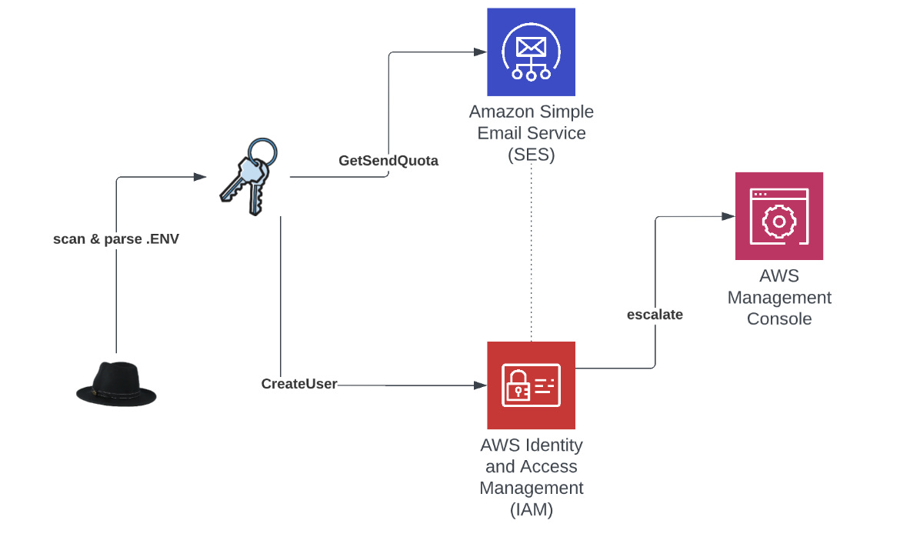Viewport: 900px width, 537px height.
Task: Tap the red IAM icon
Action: (532, 385)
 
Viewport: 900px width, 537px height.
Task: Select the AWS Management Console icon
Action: (778, 215)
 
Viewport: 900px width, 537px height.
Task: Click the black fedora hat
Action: (116, 383)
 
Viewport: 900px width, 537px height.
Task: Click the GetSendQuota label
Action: (388, 161)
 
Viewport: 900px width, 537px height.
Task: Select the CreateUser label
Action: (299, 383)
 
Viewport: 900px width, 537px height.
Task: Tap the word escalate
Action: (655, 314)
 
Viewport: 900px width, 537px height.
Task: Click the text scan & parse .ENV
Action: (115, 238)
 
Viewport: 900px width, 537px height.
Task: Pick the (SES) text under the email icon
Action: (532, 154)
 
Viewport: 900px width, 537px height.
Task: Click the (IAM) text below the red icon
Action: (532, 509)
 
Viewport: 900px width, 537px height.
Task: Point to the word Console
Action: (779, 319)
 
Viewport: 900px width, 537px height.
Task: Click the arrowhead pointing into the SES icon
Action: (480, 52)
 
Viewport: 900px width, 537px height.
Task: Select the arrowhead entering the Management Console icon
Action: (728, 217)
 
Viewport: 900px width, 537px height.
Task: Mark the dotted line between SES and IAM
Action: (532, 254)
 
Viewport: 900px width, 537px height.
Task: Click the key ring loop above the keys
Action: (264, 150)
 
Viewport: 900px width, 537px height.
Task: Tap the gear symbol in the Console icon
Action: (778, 221)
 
